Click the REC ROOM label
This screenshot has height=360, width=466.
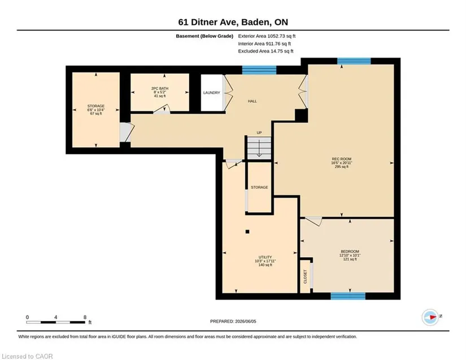342,159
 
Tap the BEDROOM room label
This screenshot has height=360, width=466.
350,251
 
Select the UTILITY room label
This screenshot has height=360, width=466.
265,257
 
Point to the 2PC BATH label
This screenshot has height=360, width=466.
160,89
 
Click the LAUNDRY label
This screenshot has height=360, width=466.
212,93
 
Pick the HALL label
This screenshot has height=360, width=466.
252,101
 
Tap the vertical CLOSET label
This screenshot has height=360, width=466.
305,276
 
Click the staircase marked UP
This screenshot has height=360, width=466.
259,148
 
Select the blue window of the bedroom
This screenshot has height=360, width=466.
348,296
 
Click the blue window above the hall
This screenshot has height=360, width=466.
259,70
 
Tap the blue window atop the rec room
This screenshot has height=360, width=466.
354,61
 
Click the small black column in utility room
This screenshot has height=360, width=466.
247,232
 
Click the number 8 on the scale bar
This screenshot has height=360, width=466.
85,317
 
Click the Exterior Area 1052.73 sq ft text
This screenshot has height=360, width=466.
267,36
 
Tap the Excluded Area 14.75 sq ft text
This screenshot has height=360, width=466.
265,51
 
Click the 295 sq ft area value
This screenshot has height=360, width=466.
342,167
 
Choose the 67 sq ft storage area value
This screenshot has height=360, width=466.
96,114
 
